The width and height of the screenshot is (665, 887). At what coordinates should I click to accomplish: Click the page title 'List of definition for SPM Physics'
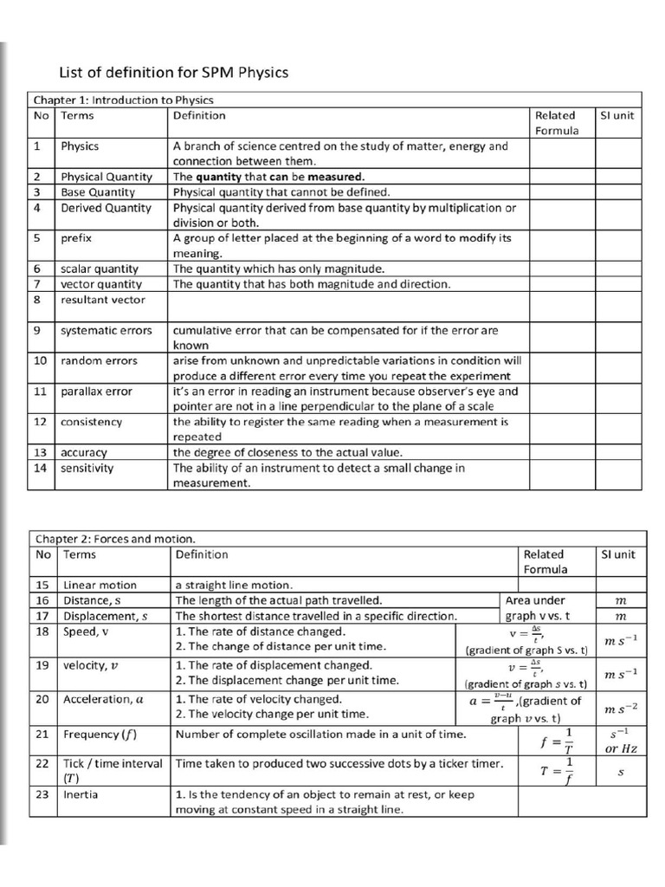point(172,73)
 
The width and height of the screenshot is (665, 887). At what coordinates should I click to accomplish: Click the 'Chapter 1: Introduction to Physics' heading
point(124,100)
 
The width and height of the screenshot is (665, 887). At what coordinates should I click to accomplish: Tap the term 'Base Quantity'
point(98,191)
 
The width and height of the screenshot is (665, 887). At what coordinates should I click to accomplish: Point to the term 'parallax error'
point(96,391)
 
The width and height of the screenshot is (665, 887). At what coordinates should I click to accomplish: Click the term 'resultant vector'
point(102,300)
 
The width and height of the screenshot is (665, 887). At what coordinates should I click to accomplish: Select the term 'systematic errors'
point(106,330)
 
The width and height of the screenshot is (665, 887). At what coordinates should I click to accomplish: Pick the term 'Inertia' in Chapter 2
point(81,794)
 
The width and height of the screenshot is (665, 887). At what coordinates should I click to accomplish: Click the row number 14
point(41,468)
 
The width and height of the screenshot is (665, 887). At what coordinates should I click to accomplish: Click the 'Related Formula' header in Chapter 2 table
point(545,561)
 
